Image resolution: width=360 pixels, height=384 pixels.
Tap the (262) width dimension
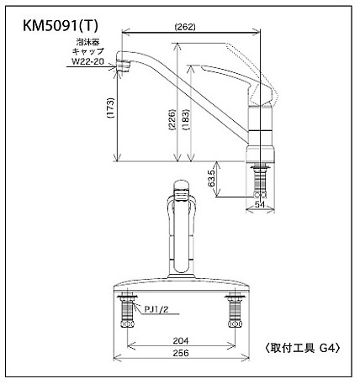[x=186, y=27]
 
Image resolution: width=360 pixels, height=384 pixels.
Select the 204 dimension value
[x=179, y=341]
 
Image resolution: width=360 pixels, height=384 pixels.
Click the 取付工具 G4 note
[x=302, y=346]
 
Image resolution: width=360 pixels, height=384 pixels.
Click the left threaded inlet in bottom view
[x=128, y=312]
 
